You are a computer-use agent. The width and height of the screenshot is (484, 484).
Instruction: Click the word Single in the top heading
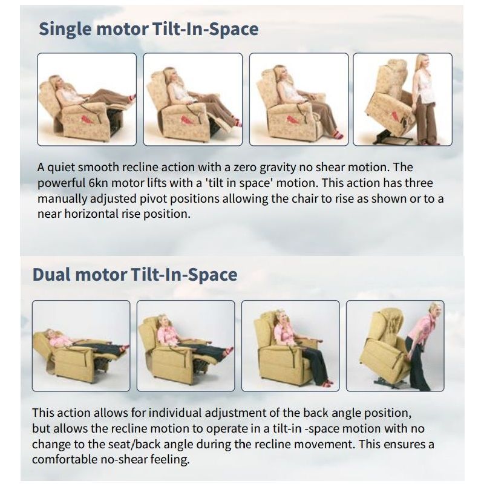point(65,30)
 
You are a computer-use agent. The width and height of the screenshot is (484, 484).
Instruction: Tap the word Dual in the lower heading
point(52,275)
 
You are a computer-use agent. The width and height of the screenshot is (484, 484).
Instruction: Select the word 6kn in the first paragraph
point(98,183)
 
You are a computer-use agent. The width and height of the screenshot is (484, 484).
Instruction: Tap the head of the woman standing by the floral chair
point(422,62)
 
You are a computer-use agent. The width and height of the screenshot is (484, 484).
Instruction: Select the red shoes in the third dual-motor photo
point(327,384)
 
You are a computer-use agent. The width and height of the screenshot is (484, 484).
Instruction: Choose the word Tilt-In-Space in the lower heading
point(184,275)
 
